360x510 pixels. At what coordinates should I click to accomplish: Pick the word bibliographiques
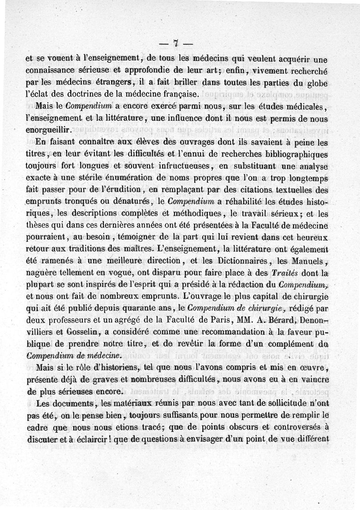click(303, 154)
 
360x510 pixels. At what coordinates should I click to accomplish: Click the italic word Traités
click(287, 273)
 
